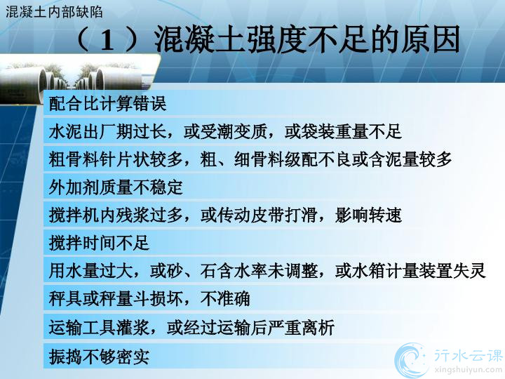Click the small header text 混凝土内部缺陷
click(54, 12)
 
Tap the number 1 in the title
click(107, 41)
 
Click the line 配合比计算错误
click(107, 104)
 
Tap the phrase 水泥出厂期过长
click(107, 131)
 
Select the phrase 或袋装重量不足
click(343, 131)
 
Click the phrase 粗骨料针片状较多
click(116, 159)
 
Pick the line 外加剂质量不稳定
click(116, 187)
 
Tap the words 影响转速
click(368, 215)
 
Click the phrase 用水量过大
click(90, 270)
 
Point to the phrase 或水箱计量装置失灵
click(410, 270)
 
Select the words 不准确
click(225, 298)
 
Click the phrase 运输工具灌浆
click(99, 328)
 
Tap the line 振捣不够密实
click(99, 357)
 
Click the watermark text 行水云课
click(469, 355)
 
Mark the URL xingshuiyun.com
click(468, 370)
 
